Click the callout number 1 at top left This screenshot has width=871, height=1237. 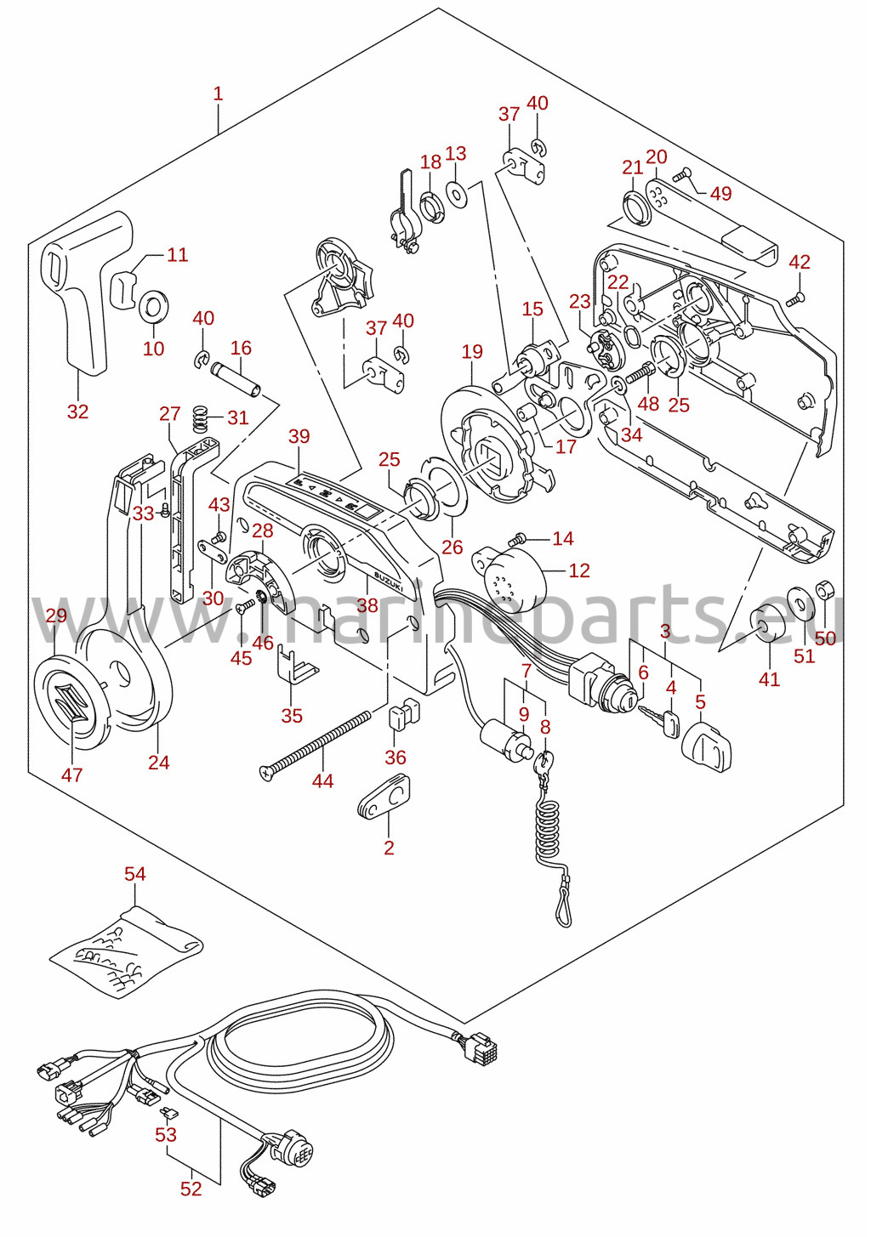click(219, 94)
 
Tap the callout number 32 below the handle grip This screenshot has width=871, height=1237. click(78, 411)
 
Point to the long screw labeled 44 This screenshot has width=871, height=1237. click(315, 746)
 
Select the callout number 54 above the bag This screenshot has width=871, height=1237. click(135, 874)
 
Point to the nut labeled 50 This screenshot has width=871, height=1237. click(824, 591)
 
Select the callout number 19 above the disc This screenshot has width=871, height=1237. click(472, 351)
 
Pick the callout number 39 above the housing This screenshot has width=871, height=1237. click(299, 436)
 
